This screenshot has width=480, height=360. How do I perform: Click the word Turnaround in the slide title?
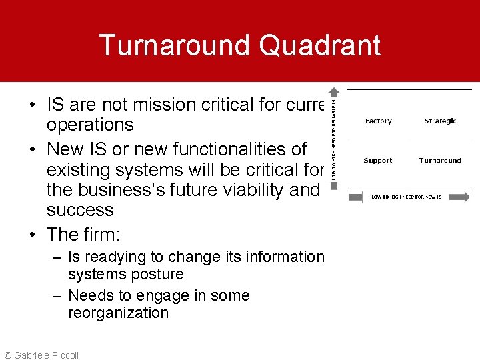point(175,45)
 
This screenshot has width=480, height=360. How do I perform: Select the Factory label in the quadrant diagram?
point(378,121)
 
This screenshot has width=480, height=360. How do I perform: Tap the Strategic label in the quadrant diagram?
point(440,121)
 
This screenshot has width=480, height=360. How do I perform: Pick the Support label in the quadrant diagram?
point(378,161)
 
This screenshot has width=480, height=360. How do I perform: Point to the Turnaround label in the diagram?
point(440,161)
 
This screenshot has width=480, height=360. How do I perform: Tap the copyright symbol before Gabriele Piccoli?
point(7,355)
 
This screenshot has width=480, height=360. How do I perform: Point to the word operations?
point(90,125)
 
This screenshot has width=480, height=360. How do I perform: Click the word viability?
point(248,190)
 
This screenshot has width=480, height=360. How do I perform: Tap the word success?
point(80,211)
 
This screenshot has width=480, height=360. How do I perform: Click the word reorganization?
point(118,313)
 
